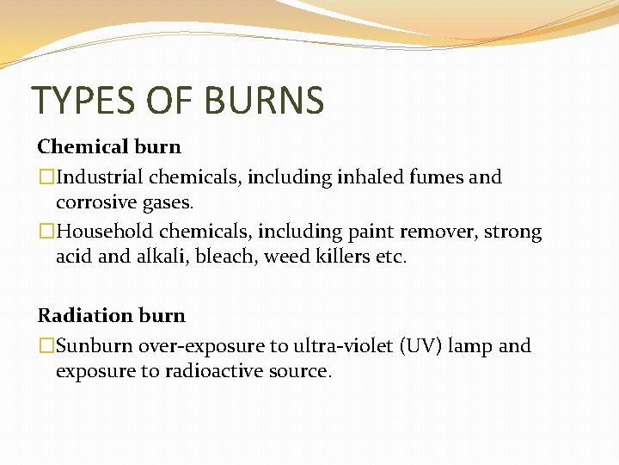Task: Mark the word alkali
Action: coord(154,256)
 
